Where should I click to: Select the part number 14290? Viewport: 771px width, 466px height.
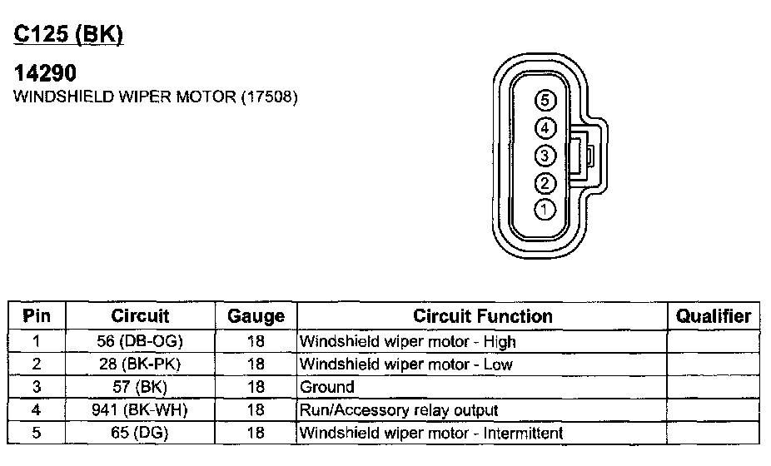[x=47, y=73]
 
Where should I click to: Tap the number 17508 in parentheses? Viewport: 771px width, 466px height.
[x=269, y=97]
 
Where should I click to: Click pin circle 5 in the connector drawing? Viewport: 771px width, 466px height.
[x=545, y=101]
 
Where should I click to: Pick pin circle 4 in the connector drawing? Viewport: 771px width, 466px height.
[x=545, y=128]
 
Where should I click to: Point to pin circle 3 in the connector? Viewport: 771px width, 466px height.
[x=545, y=156]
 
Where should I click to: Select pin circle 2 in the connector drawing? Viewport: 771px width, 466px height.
[x=545, y=183]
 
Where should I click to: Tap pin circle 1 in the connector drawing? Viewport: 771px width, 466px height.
[x=545, y=209]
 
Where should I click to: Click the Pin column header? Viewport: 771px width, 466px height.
[x=37, y=316]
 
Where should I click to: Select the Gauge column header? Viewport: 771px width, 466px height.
[x=256, y=316]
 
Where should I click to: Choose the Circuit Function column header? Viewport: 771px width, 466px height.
[x=482, y=316]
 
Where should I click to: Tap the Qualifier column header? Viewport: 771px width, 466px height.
[x=714, y=316]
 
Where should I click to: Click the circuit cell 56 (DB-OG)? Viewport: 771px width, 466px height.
[x=140, y=341]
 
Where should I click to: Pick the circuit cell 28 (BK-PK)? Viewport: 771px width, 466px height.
[x=140, y=364]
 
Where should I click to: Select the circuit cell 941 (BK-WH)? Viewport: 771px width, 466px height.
[x=140, y=409]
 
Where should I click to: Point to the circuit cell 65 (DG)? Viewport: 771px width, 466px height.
[x=140, y=433]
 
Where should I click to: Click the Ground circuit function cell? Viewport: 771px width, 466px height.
[x=326, y=387]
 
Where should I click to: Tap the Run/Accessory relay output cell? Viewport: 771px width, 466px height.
[x=398, y=409]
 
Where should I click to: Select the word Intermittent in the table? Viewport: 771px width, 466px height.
[x=521, y=433]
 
